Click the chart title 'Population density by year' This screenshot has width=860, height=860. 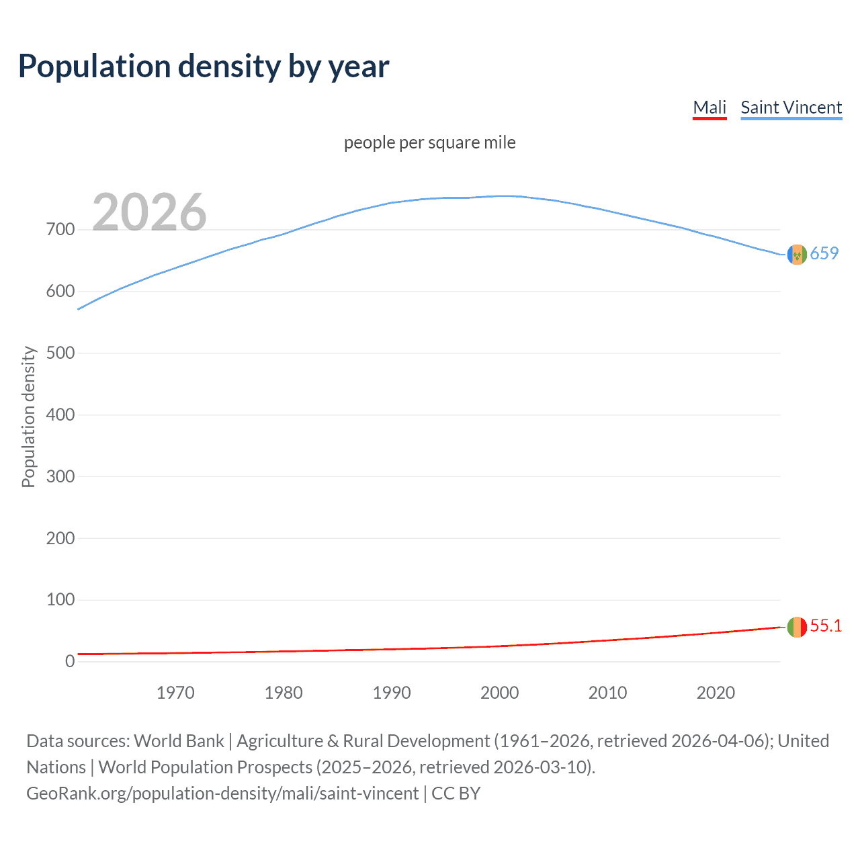[x=204, y=67]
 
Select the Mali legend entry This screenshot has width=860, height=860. [x=709, y=107]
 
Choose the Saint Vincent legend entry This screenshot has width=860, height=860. [x=791, y=107]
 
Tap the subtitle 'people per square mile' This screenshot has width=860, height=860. [x=429, y=142]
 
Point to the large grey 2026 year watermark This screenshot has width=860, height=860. [x=149, y=212]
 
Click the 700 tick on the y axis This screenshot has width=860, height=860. [x=60, y=230]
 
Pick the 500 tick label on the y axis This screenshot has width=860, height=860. [x=60, y=353]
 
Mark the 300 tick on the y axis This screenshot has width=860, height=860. [x=60, y=476]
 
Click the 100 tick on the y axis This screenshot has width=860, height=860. [x=60, y=600]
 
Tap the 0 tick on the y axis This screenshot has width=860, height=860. [x=70, y=662]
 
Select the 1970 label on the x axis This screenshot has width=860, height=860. [x=175, y=693]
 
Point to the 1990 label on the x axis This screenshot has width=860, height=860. [x=392, y=693]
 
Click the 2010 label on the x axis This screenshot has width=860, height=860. [x=607, y=693]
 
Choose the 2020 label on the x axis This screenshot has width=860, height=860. [x=716, y=693]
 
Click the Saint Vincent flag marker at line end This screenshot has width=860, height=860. [x=797, y=255]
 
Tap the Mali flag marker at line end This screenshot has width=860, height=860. [x=797, y=627]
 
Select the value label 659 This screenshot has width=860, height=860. [x=824, y=253]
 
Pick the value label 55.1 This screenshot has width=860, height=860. [x=826, y=626]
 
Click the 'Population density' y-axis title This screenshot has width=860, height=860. [x=28, y=417]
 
